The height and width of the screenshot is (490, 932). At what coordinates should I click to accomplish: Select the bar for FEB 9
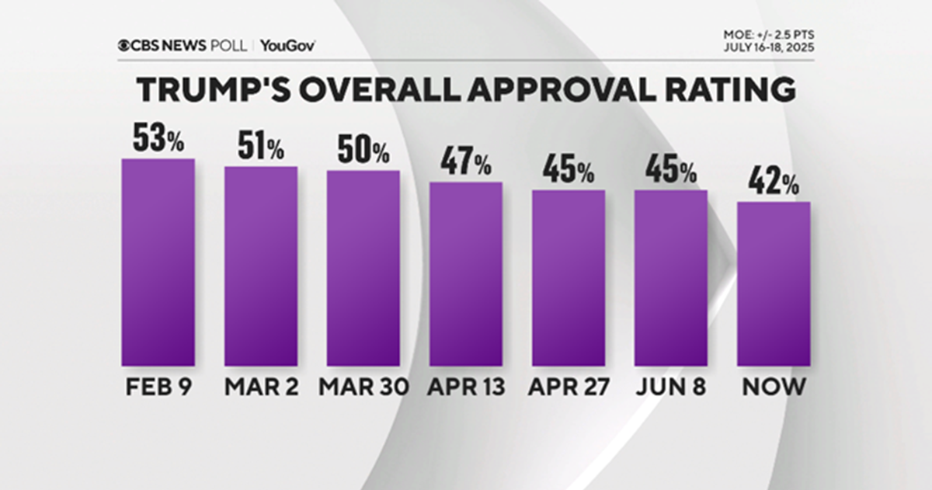pos(158,262)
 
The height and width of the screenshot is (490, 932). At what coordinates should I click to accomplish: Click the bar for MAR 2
pos(261,266)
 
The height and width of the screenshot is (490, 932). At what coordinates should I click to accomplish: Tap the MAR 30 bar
pos(363,268)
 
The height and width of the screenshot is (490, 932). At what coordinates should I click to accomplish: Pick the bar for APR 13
pos(465,273)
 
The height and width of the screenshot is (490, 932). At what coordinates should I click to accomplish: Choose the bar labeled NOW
pos(774,283)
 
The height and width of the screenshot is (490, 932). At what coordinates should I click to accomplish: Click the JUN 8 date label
pos(670,387)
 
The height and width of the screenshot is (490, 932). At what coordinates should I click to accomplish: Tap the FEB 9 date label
pos(158,387)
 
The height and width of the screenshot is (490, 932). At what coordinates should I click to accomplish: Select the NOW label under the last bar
pos(774,387)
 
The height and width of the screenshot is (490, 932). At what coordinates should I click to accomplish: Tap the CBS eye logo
pos(123,45)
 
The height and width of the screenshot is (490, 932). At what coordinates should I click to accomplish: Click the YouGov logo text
pos(287,45)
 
